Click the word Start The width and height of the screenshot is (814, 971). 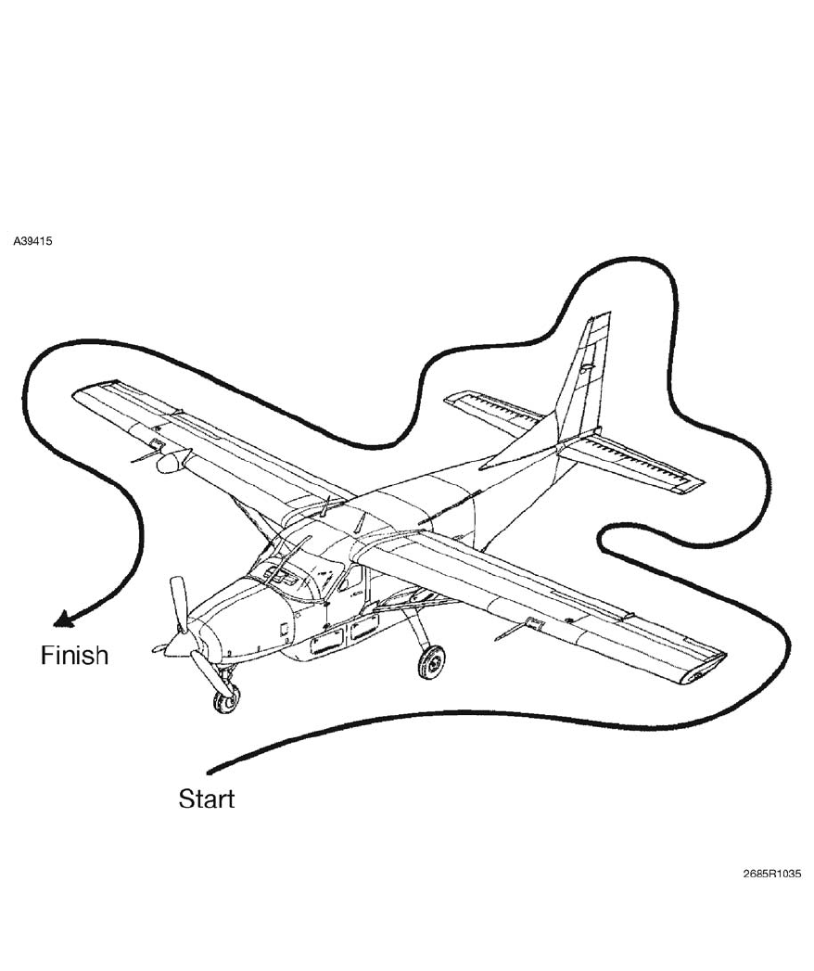[x=206, y=799]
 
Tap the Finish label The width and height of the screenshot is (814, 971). [x=74, y=656]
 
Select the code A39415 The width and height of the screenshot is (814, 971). [x=32, y=241]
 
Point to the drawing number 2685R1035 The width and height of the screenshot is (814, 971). [x=771, y=874]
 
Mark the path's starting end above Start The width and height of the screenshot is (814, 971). [x=210, y=771]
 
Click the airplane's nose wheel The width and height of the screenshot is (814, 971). [x=225, y=698]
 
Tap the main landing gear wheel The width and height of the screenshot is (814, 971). [x=431, y=661]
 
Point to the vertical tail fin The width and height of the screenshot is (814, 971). [x=581, y=380]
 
